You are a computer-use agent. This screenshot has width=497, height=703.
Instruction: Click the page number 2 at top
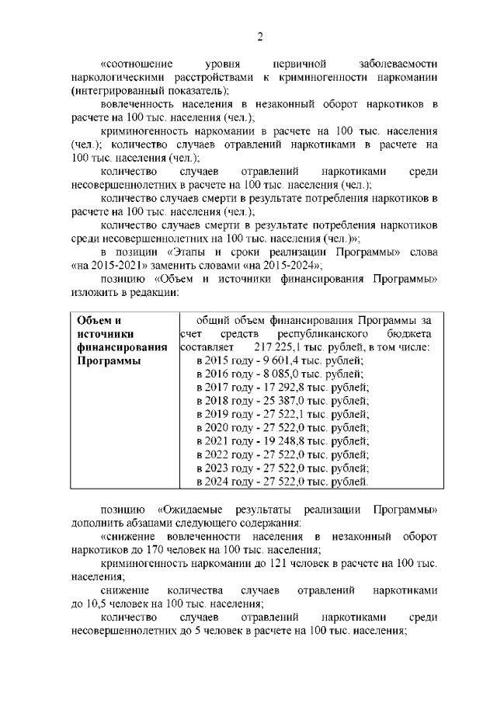[261, 37]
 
